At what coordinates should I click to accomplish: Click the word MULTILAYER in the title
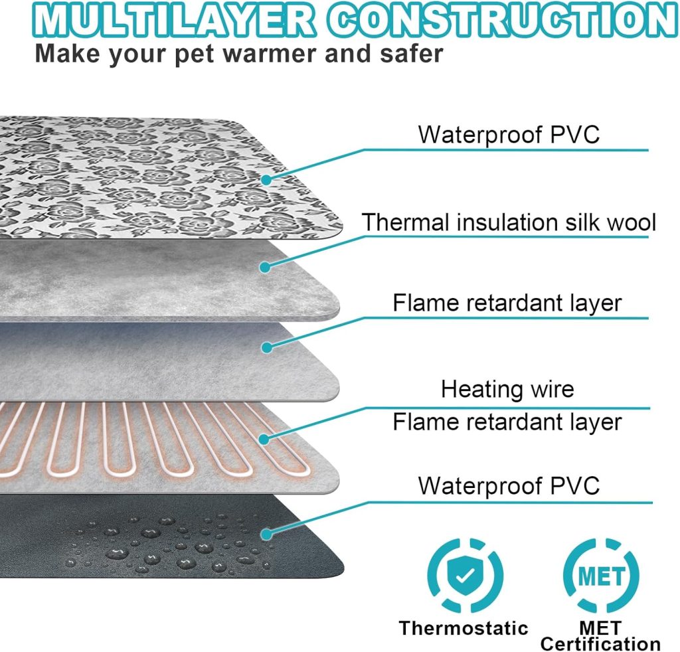(173, 19)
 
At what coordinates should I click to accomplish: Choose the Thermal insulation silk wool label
(509, 222)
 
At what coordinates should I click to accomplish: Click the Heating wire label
(507, 389)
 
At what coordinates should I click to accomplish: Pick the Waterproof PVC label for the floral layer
(509, 134)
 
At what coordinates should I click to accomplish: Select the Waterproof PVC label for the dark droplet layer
(509, 485)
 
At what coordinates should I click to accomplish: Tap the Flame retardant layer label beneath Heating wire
(507, 422)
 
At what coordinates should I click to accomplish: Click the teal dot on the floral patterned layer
(266, 179)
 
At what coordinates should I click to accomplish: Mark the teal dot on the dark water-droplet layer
(267, 533)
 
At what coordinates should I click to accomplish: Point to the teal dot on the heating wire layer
(264, 439)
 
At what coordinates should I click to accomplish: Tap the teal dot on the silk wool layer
(265, 267)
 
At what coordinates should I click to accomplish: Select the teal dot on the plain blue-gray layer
(267, 347)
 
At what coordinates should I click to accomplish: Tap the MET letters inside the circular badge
(601, 576)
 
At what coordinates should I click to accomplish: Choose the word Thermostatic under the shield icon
(464, 628)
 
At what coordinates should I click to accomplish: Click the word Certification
(600, 644)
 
